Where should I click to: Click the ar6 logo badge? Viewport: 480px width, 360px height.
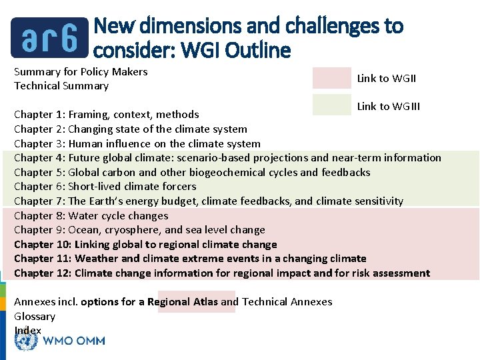pos(50,37)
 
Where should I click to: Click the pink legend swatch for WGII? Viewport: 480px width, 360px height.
pos(331,78)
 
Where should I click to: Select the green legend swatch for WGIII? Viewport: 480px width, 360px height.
pos(331,105)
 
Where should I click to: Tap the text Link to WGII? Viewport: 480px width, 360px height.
pos(387,79)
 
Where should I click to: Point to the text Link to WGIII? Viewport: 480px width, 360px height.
pos(389,107)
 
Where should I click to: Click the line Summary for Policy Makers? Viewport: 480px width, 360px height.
pos(81,71)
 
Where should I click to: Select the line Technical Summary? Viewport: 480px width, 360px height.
pos(61,85)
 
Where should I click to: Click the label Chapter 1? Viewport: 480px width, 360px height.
pos(39,115)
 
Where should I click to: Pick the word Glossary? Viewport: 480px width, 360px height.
pos(35,316)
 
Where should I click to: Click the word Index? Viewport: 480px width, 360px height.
pos(27,330)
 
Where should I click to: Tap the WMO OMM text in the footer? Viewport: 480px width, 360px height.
pos(73,341)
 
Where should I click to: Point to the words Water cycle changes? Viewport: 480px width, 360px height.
pos(119,215)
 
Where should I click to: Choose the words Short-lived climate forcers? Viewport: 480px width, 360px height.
pos(132,187)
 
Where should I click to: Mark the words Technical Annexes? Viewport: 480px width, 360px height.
pos(287,302)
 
